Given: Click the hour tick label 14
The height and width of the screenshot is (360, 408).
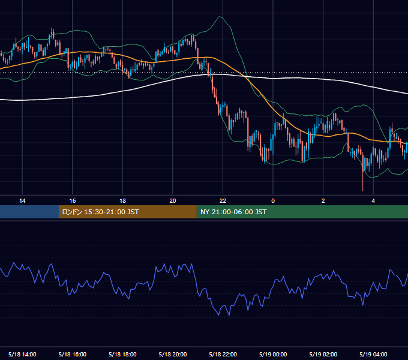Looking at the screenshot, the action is coord(22,201).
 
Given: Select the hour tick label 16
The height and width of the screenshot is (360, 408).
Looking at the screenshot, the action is coord(73,201).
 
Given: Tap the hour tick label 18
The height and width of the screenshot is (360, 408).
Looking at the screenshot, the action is coord(122,201).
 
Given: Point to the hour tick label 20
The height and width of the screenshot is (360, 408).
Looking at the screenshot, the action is coord(173,201).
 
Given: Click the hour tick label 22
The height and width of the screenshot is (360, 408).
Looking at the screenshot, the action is coord(223,201).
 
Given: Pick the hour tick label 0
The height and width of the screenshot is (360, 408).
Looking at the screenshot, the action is coord(273,201).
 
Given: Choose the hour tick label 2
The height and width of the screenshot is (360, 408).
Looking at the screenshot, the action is coord(323,201).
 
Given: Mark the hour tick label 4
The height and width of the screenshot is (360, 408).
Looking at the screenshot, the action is coord(373,201).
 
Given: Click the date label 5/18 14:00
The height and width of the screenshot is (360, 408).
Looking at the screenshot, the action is coord(22,354).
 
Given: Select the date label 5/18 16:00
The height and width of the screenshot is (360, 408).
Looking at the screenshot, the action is coord(73,354).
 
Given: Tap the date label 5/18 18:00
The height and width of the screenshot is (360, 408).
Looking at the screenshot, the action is coord(122,354).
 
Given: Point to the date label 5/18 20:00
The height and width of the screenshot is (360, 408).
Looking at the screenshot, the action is coord(173,354).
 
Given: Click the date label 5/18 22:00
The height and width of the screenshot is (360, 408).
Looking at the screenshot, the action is coord(223,354).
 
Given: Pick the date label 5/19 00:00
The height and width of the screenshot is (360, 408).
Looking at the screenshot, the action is coord(273,354).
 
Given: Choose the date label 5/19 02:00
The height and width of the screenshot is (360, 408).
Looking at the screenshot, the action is coord(323,354).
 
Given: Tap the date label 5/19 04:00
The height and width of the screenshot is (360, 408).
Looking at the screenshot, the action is coord(373,354).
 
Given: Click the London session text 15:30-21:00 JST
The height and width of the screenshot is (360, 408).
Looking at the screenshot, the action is coord(112,212).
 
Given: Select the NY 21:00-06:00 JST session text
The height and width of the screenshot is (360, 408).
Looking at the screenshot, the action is coord(233,212).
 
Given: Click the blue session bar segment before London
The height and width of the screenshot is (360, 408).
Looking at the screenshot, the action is coord(29,212).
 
